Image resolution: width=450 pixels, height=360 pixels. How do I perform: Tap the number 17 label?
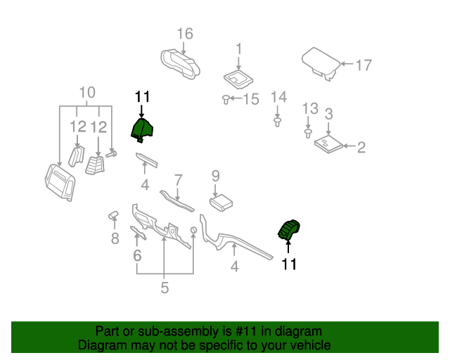363,65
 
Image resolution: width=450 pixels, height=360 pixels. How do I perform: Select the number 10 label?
86,93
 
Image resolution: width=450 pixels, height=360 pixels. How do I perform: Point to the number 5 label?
164,288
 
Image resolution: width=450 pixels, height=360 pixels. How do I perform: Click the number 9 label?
215,175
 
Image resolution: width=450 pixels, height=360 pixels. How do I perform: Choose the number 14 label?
278,96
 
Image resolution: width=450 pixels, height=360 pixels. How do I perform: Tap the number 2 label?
361,147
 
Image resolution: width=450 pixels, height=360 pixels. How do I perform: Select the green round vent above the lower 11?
288,230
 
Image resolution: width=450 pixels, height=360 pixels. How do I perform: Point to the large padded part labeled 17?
321,62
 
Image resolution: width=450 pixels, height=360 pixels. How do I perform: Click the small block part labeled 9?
221,202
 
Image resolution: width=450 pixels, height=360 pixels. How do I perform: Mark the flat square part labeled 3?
328,143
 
